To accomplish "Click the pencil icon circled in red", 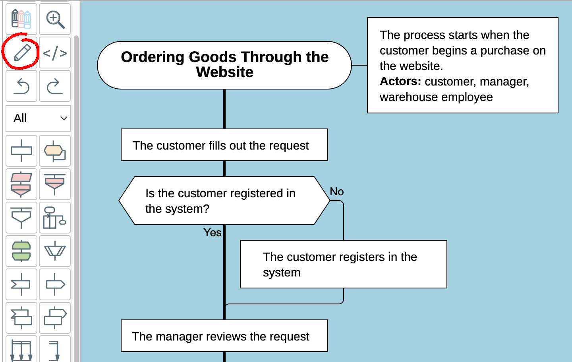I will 22,53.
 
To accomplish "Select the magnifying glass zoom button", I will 55,19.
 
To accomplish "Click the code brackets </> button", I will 55,53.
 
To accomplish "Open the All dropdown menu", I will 38,118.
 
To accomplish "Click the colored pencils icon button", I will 21,19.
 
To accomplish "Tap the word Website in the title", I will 224,72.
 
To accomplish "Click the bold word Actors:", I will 400,81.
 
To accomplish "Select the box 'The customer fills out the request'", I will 224,145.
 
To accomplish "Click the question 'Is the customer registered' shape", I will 224,200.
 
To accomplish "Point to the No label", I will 336,191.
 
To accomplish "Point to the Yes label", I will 212,232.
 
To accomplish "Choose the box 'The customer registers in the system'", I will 343,264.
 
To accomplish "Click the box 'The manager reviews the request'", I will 224,336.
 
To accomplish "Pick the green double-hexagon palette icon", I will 21,251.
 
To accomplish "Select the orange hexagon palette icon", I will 55,151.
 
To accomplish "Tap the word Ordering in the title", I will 153,57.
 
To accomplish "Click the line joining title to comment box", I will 359,65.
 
